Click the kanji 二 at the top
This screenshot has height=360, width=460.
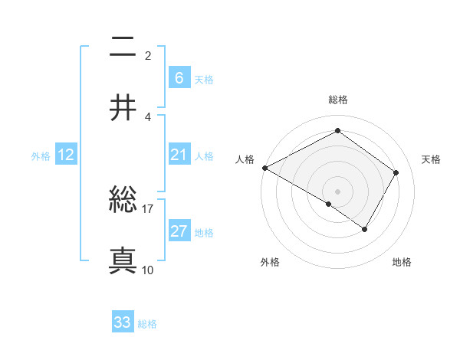[x=123, y=48]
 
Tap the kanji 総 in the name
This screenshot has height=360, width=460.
[x=123, y=201]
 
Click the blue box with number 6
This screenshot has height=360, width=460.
[x=179, y=77]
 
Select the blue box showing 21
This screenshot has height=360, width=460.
[x=179, y=155]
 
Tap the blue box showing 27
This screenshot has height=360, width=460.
[x=179, y=231]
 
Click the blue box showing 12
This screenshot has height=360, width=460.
[x=65, y=155]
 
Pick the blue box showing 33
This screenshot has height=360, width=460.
[x=123, y=322]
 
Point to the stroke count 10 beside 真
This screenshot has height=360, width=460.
[x=148, y=270]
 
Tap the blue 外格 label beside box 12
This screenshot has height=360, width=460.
[x=41, y=156]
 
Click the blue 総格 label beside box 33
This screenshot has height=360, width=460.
[x=147, y=324]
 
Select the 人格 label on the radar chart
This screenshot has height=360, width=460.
[x=245, y=159]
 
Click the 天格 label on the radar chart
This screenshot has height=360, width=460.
[x=431, y=159]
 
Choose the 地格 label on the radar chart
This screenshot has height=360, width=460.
[x=402, y=263]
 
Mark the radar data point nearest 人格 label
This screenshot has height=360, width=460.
[x=264, y=168]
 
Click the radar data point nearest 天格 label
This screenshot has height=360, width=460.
[x=396, y=172]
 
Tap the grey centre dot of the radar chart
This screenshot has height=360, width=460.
[x=337, y=191]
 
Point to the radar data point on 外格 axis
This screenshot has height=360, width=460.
[x=329, y=204]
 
